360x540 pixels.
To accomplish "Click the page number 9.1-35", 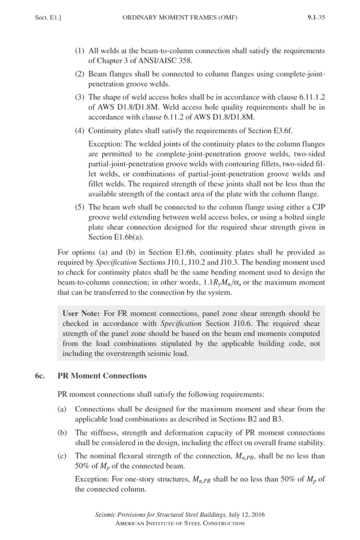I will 316,17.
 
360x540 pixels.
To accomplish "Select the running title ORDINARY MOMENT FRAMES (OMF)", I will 180,17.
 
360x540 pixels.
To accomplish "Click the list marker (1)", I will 80,51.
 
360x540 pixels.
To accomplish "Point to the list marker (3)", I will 80,97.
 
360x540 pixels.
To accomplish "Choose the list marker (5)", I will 80,207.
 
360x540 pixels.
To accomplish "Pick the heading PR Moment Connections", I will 102,376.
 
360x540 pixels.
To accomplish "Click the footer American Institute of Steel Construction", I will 180,523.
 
